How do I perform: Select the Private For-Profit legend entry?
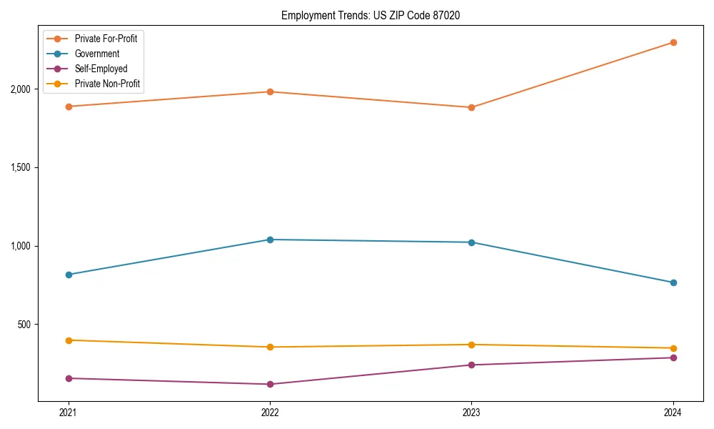[106, 39]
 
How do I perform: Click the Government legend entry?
[96, 54]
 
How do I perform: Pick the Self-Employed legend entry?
[101, 69]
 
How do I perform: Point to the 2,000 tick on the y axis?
[20, 89]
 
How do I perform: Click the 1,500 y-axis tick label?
[20, 167]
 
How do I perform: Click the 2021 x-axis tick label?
[69, 413]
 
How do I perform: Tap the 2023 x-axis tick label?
[471, 413]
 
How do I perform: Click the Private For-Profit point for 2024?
[673, 42]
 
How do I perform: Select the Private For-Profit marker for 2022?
[270, 92]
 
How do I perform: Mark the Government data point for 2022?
[270, 240]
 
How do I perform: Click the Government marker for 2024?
[673, 282]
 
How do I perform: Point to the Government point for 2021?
[69, 275]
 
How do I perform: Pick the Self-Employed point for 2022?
[270, 384]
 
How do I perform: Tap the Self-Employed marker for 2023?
[471, 365]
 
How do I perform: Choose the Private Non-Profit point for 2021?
[69, 340]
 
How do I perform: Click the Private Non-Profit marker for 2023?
[471, 345]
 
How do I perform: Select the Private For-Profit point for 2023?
[471, 107]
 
